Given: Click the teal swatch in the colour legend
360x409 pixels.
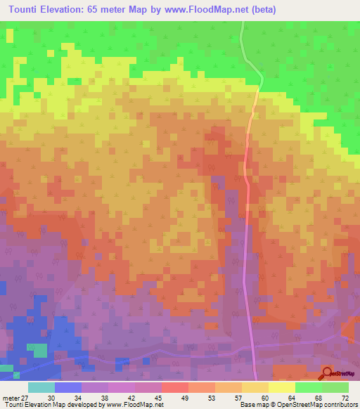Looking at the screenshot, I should coord(41,387).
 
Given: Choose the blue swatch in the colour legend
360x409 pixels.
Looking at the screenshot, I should coord(68,387).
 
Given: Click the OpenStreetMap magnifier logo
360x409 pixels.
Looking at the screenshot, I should coord(328,373).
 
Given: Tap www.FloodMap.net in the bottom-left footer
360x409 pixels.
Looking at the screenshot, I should coord(138,405).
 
